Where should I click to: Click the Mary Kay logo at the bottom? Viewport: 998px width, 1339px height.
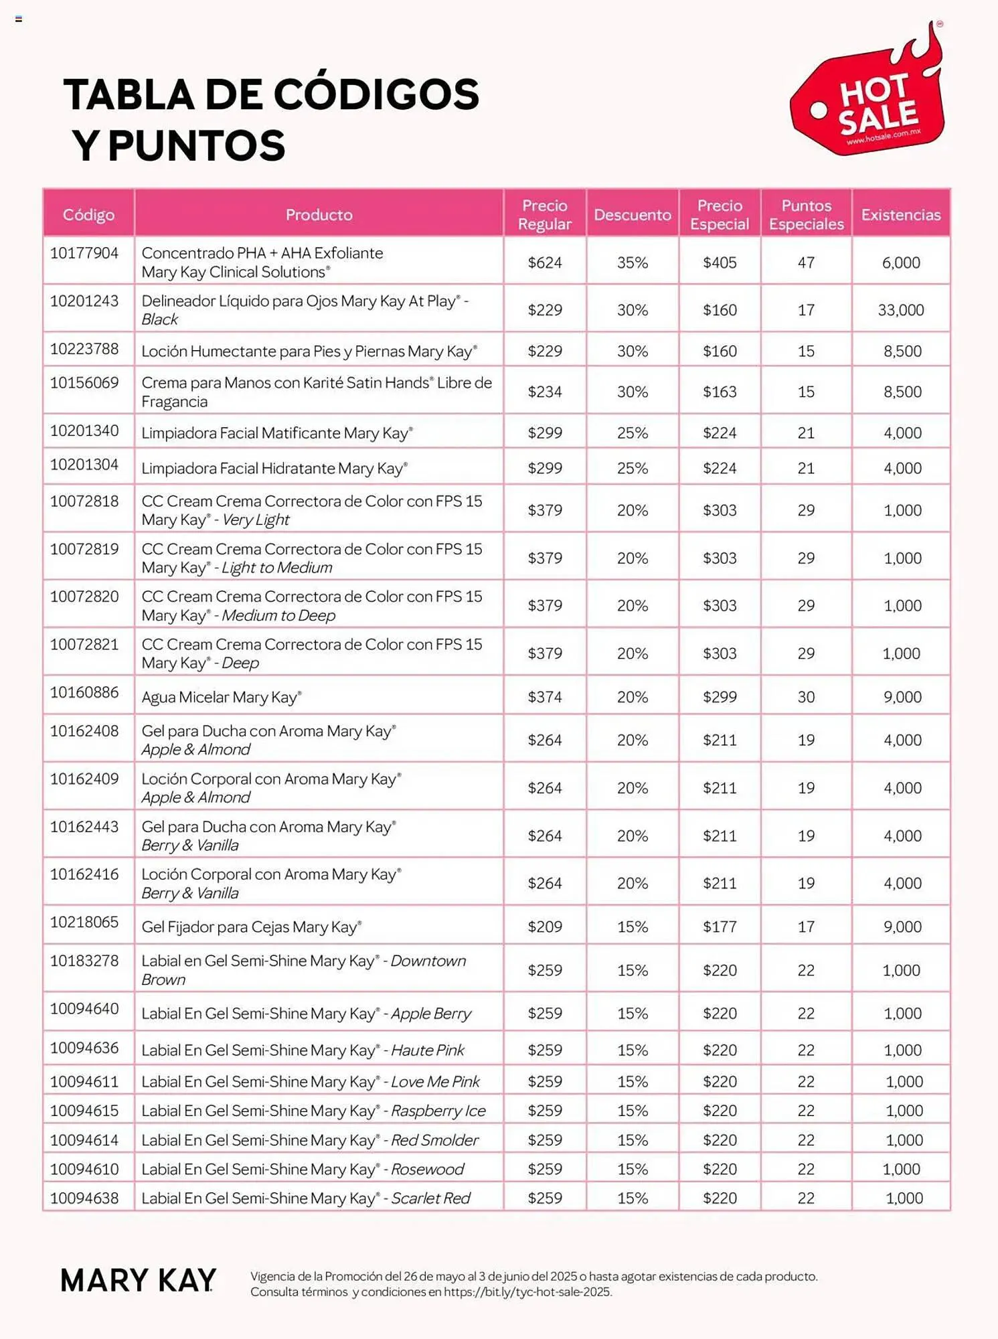click(138, 1280)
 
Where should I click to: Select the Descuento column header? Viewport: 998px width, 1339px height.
click(632, 215)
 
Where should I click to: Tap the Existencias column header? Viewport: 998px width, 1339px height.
click(900, 215)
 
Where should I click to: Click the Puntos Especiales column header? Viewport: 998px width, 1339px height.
click(806, 215)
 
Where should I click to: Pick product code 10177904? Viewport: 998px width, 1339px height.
click(84, 253)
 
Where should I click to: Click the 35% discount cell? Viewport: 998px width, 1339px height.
click(632, 262)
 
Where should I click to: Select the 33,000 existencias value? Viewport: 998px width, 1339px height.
click(900, 310)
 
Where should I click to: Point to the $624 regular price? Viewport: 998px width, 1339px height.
click(544, 262)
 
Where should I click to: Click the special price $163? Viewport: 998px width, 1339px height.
click(720, 392)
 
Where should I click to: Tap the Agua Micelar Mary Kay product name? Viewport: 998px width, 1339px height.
click(221, 697)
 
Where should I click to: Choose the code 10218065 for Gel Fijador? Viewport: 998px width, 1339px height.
click(84, 922)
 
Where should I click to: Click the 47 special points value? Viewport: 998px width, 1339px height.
click(806, 262)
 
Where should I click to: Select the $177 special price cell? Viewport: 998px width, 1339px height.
click(720, 927)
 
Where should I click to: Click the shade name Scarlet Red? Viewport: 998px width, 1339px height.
click(430, 1198)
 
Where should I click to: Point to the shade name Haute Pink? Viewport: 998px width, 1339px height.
click(427, 1050)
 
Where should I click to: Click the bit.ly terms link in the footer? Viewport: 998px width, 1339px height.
click(527, 1292)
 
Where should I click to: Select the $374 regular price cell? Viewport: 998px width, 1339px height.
click(544, 697)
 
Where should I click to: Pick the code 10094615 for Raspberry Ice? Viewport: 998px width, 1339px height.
click(84, 1111)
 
